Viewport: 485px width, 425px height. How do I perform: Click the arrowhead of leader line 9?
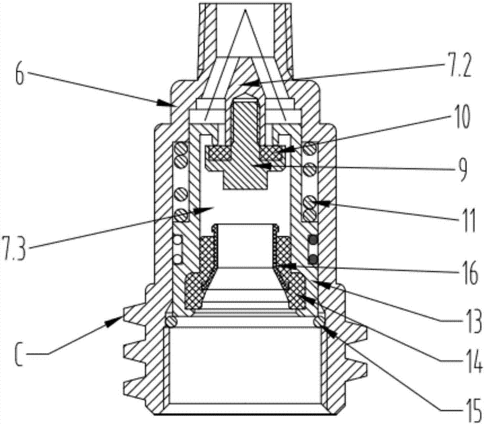pyautogui.click(x=253, y=165)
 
